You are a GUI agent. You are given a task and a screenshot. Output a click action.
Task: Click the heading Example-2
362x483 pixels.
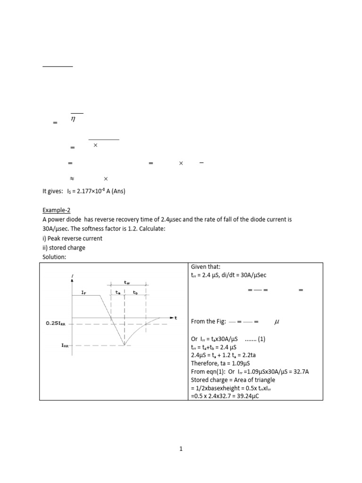point(56,209)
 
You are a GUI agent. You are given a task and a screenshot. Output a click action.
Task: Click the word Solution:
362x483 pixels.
point(55,257)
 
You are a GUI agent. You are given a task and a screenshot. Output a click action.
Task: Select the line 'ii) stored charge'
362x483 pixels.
point(64,248)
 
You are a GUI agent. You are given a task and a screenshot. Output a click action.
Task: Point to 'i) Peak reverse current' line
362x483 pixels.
point(73,238)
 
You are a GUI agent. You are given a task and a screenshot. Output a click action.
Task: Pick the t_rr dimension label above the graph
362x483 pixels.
point(127,283)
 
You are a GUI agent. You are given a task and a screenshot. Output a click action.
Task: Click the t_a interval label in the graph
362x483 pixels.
point(118,292)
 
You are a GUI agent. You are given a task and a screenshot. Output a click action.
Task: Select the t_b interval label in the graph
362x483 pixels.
point(135,292)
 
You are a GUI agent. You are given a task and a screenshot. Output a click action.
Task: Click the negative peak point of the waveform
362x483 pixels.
point(124,345)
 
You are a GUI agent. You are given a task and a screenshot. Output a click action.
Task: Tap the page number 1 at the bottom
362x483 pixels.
point(181,449)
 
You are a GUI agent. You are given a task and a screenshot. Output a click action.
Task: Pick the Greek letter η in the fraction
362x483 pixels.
point(73,120)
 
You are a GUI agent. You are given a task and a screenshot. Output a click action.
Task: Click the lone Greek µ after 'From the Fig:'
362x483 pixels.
point(277,322)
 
